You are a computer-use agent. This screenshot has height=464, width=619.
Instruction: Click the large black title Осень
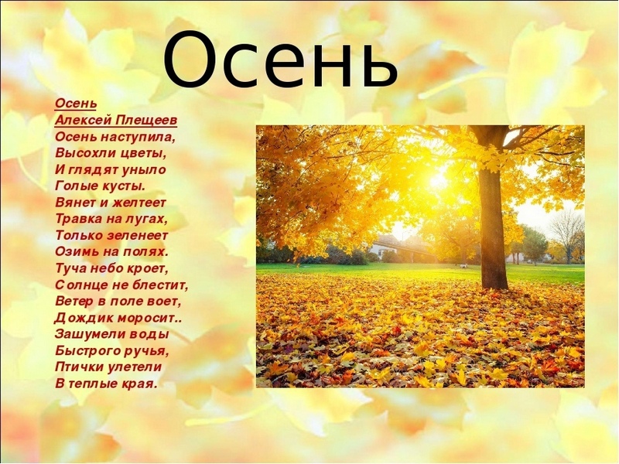click(280, 60)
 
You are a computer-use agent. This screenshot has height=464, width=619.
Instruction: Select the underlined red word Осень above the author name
click(76, 104)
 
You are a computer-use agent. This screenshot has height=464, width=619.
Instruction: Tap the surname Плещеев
click(146, 121)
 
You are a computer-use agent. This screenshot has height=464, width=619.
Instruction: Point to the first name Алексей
click(83, 121)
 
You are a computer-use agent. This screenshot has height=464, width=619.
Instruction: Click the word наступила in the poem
click(138, 138)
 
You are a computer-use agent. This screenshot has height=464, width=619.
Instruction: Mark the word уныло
click(145, 170)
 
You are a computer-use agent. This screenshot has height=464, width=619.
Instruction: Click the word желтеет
click(139, 203)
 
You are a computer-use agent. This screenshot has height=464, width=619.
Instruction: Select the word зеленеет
click(138, 236)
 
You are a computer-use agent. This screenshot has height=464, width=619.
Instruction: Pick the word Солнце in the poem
click(79, 285)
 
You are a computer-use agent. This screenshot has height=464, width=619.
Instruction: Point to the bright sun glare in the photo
click(439, 179)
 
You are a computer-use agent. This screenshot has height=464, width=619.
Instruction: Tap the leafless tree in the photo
click(567, 236)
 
